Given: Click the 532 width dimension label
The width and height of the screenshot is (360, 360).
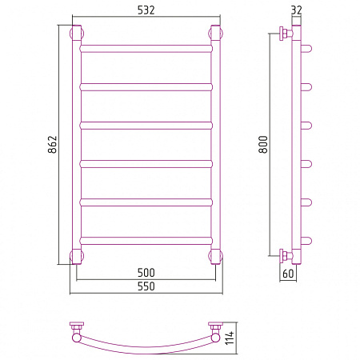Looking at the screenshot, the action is click(146, 10).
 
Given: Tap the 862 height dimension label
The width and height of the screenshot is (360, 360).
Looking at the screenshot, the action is click(53, 144).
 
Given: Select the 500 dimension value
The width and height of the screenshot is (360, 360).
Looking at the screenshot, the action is click(146, 273).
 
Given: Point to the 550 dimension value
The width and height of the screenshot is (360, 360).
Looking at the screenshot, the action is click(146, 286).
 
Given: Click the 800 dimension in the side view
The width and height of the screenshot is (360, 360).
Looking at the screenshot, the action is click(263, 144).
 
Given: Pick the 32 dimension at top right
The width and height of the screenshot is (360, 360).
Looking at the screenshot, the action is click(296, 10).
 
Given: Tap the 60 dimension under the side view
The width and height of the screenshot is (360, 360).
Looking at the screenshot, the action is click(288, 274).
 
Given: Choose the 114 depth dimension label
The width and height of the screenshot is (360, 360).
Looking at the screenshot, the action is click(230, 338).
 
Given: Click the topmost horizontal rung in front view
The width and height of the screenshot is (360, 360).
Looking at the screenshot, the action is click(146, 49).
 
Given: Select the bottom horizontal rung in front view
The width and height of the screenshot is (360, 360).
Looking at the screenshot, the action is click(146, 241).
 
